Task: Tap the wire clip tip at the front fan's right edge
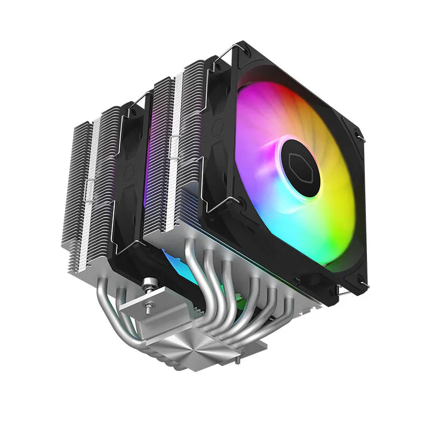click(362, 139)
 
